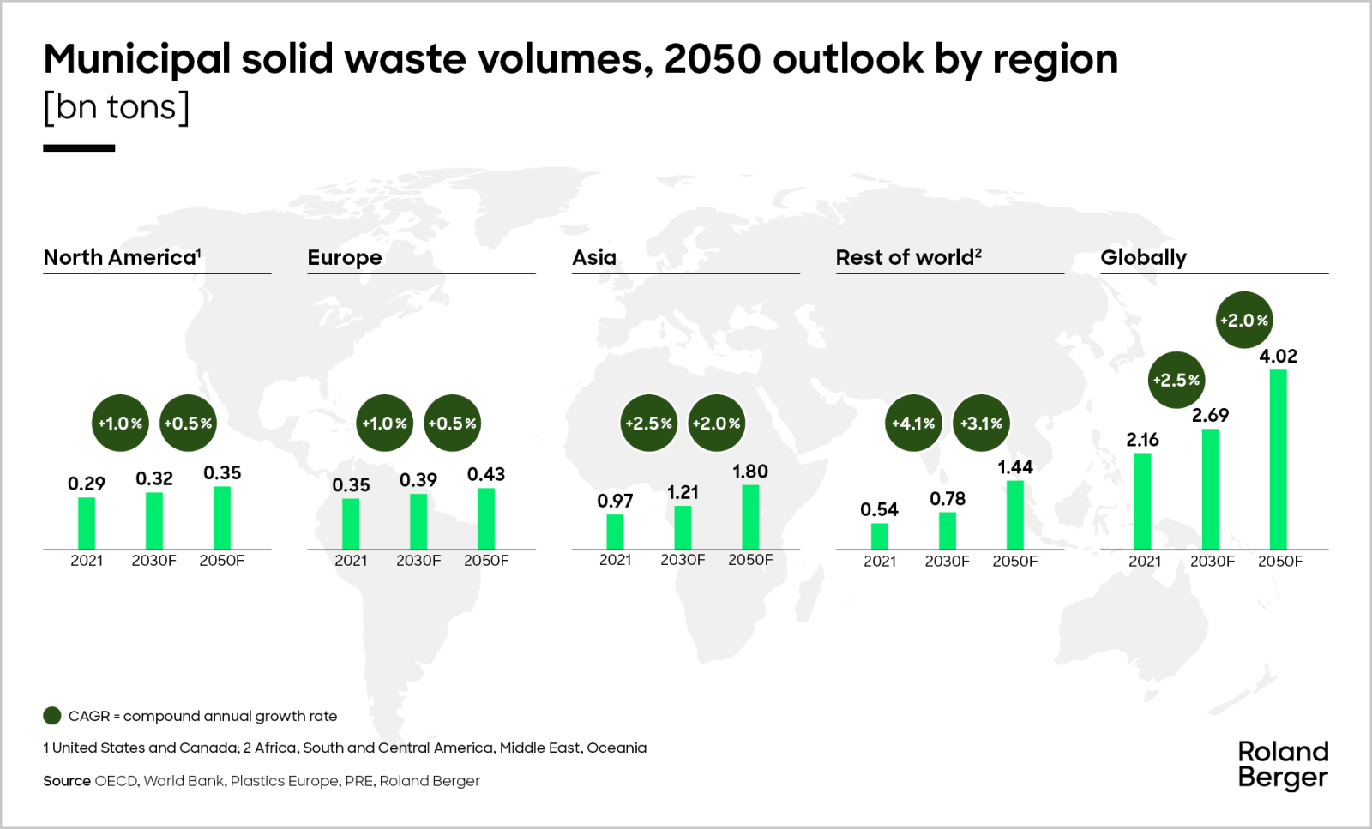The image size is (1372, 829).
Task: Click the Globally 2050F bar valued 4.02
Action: (x=1278, y=460)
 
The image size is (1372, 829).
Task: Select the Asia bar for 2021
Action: (x=615, y=532)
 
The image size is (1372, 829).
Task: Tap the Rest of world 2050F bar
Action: (x=1014, y=515)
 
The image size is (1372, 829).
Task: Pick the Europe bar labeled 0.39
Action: (x=418, y=521)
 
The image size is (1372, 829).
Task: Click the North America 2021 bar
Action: (x=87, y=523)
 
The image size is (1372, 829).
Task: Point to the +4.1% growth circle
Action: (x=913, y=424)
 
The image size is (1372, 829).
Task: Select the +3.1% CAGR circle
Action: (x=981, y=424)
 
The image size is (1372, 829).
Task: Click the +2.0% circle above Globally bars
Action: (x=1244, y=321)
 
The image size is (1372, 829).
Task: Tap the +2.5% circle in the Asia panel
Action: (x=648, y=424)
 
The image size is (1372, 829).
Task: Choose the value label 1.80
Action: (x=750, y=472)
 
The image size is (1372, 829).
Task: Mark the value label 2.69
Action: (x=1210, y=416)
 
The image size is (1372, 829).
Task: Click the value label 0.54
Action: (x=879, y=510)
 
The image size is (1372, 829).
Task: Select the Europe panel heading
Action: (x=345, y=257)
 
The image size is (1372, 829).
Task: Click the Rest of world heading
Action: (x=908, y=257)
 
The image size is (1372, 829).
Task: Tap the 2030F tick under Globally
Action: (x=1212, y=562)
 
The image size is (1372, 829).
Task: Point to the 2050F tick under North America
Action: (x=221, y=561)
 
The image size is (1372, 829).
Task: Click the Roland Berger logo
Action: (x=1283, y=765)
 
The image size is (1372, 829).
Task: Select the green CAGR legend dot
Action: (x=52, y=716)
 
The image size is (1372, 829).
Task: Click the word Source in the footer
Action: (x=67, y=781)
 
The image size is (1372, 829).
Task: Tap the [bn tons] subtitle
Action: (x=117, y=107)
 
